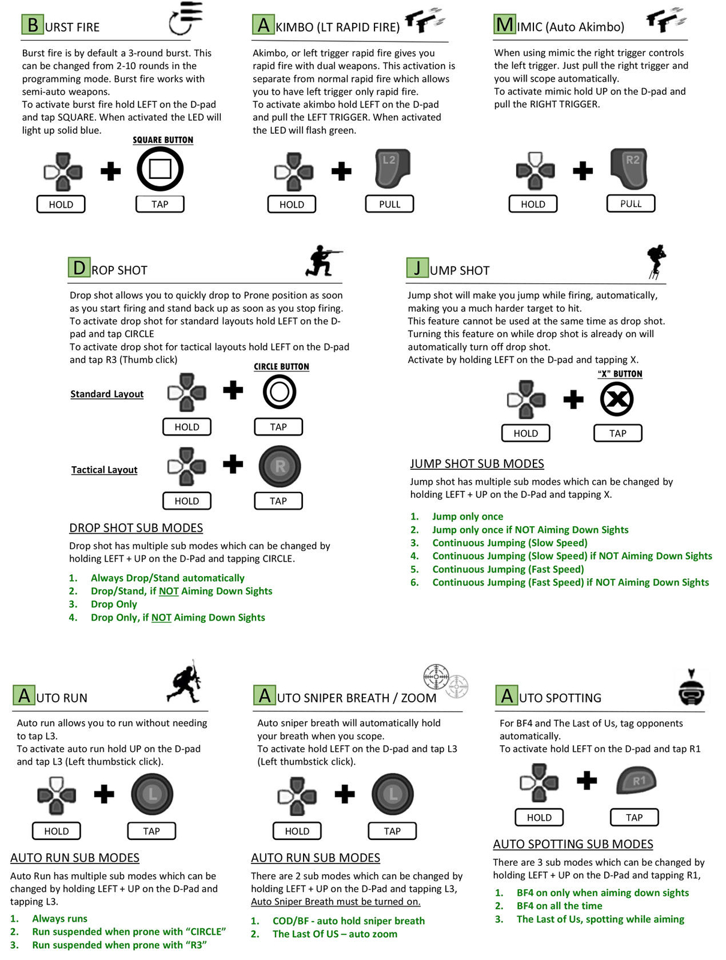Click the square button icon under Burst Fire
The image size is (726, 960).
point(160,169)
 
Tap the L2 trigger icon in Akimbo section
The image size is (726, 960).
point(392,168)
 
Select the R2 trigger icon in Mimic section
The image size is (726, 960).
point(629,168)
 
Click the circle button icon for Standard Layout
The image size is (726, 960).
point(280,392)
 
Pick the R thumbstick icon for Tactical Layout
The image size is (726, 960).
point(280,466)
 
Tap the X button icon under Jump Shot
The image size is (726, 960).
point(617,399)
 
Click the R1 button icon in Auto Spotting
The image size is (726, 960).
point(637,781)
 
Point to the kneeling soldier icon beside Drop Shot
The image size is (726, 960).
point(323,261)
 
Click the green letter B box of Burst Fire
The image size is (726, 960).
point(32,25)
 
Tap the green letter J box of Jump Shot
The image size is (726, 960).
point(417,268)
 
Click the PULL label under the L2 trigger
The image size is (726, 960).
point(389,204)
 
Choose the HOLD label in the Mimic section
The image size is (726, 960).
point(533,204)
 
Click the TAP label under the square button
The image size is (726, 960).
point(160,204)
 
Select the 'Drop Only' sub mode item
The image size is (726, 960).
point(114,604)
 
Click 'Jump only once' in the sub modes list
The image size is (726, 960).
point(467,517)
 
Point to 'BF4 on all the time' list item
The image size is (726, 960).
point(559,906)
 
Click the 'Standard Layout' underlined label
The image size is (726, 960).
point(107,394)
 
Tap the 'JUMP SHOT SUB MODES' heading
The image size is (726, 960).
point(477,464)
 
